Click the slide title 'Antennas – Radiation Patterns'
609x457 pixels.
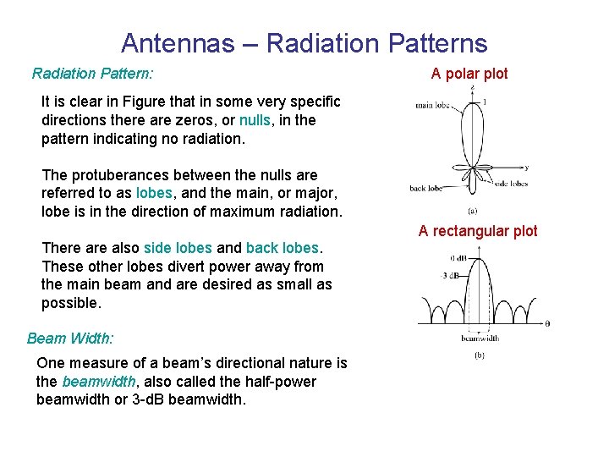pyautogui.click(x=304, y=43)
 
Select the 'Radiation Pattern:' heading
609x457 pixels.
pyautogui.click(x=92, y=74)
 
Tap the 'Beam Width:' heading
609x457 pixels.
pyautogui.click(x=69, y=339)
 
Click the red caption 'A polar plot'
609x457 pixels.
pyautogui.click(x=469, y=74)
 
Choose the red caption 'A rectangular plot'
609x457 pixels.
pyautogui.click(x=478, y=231)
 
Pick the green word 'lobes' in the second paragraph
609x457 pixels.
pyautogui.click(x=154, y=193)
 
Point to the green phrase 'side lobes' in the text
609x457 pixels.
pyautogui.click(x=178, y=248)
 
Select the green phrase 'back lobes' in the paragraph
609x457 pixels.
pyautogui.click(x=283, y=248)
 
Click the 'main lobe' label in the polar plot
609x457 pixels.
pyautogui.click(x=432, y=106)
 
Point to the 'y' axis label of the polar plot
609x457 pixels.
pyautogui.click(x=526, y=167)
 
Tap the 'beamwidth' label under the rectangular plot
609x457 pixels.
pyautogui.click(x=479, y=338)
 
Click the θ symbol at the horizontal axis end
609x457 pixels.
pyautogui.click(x=547, y=323)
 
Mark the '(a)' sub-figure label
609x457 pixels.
pyautogui.click(x=471, y=211)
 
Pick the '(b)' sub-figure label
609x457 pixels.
pyautogui.click(x=479, y=356)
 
